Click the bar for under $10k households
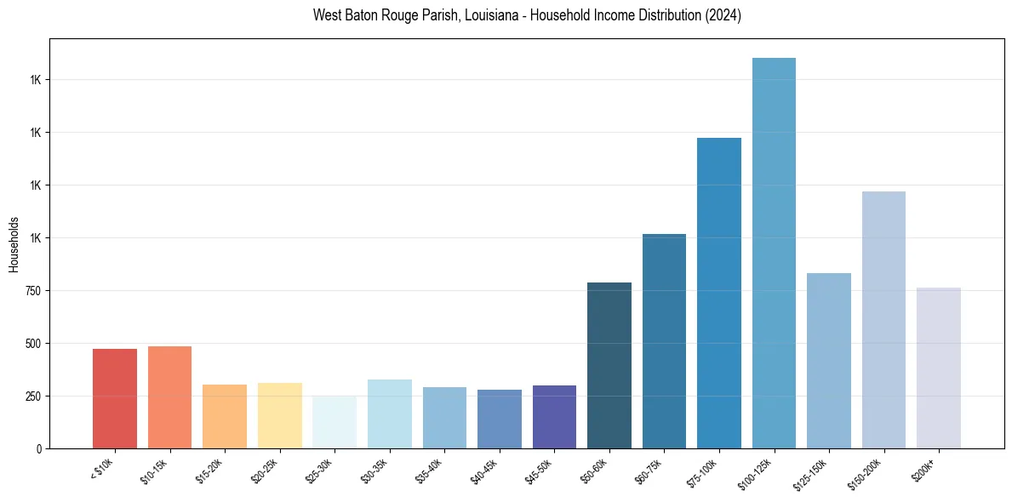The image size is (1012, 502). [x=115, y=398]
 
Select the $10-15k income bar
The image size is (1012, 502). [x=169, y=396]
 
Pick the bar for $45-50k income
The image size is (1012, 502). [x=554, y=417]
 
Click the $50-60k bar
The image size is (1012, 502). [x=609, y=365]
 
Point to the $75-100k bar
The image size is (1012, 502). [x=719, y=293]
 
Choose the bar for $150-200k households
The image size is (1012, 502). [x=883, y=320]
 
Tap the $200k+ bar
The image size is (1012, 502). [x=939, y=368]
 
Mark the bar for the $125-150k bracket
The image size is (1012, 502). [x=829, y=361]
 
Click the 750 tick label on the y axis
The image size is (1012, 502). [x=32, y=291]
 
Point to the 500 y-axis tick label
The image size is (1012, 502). [x=32, y=344]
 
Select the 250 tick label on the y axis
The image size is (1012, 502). [x=32, y=396]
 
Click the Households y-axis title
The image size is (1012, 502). [x=14, y=244]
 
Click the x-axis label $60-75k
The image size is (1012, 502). [x=649, y=471]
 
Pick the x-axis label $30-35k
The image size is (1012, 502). [x=374, y=471]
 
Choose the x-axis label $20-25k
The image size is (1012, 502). [x=265, y=471]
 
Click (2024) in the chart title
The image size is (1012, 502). [x=723, y=15]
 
